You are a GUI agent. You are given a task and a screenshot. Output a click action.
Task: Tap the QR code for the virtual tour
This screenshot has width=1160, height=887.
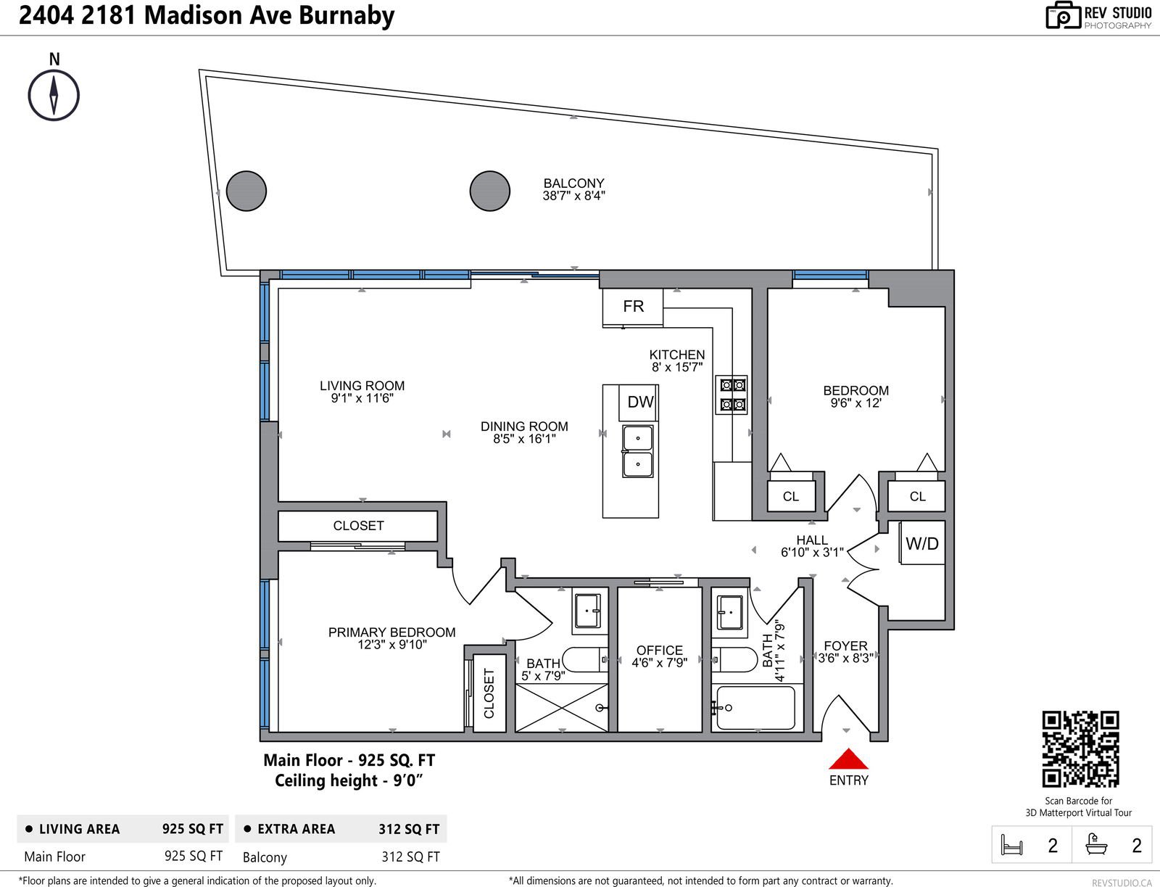point(1080,749)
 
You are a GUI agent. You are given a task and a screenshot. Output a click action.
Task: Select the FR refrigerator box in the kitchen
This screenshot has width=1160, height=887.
point(633,307)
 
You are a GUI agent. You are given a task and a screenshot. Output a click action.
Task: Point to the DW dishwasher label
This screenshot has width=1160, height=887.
point(640,403)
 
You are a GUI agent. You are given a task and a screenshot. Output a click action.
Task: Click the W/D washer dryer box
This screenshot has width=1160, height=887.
point(922,543)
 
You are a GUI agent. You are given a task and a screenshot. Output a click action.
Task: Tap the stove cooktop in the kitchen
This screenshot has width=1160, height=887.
point(732,395)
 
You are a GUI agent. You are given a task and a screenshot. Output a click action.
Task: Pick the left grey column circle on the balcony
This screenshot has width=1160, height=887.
point(246,191)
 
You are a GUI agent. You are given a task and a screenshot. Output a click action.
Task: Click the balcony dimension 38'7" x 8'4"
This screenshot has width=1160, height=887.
point(574,196)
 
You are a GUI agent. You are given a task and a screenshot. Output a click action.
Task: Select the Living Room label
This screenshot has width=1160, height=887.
point(362,386)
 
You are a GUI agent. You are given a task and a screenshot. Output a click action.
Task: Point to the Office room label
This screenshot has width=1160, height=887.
point(660,650)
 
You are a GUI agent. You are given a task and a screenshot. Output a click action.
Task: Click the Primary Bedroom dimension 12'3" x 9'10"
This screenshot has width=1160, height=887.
point(391,645)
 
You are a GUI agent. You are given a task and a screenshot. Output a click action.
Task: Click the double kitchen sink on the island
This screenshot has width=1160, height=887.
point(638,451)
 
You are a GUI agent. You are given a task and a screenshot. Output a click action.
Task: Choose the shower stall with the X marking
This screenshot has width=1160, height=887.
point(562,708)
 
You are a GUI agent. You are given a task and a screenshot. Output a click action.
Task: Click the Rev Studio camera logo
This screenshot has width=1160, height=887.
point(1064,15)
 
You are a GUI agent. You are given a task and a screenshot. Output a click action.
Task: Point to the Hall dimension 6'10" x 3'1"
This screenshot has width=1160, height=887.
point(812,553)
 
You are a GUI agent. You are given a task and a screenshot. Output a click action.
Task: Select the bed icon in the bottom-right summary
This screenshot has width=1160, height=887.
point(1011,846)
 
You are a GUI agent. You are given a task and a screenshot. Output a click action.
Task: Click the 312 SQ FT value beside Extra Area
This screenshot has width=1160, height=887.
point(408,830)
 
